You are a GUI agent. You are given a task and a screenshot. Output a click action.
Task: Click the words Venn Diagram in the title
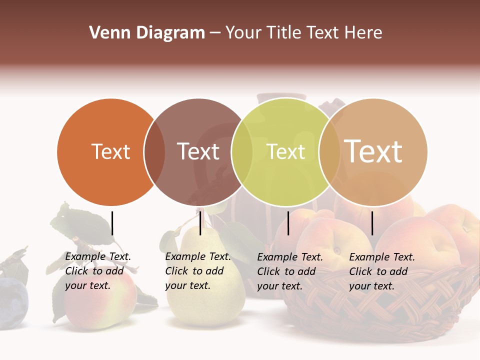click(146, 33)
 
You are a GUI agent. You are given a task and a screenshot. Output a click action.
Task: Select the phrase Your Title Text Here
click(303, 33)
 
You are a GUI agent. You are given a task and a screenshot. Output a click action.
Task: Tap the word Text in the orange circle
click(110, 151)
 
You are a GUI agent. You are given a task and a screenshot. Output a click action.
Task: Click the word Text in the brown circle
click(198, 151)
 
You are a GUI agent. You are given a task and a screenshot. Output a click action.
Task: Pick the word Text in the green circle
click(285, 151)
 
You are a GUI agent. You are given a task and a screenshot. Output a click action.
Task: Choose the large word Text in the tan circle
click(373, 151)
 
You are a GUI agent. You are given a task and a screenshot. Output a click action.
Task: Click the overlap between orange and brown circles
click(154, 152)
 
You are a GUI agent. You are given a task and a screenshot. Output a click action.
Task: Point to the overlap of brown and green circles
click(241, 152)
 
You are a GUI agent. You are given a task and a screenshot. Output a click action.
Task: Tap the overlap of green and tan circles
click(329, 152)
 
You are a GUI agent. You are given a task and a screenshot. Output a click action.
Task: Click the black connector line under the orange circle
click(112, 223)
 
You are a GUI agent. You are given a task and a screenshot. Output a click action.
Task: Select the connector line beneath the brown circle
click(200, 223)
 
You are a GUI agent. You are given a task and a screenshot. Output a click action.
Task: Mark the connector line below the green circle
click(288, 223)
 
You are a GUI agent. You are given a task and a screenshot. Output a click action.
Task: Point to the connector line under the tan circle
click(372, 223)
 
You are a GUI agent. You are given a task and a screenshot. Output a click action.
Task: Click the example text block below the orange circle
click(98, 271)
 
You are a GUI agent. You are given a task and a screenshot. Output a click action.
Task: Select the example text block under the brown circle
click(198, 271)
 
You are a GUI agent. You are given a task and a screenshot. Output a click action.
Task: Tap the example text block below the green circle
click(290, 271)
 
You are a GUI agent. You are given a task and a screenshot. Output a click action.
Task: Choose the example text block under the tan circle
click(382, 271)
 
